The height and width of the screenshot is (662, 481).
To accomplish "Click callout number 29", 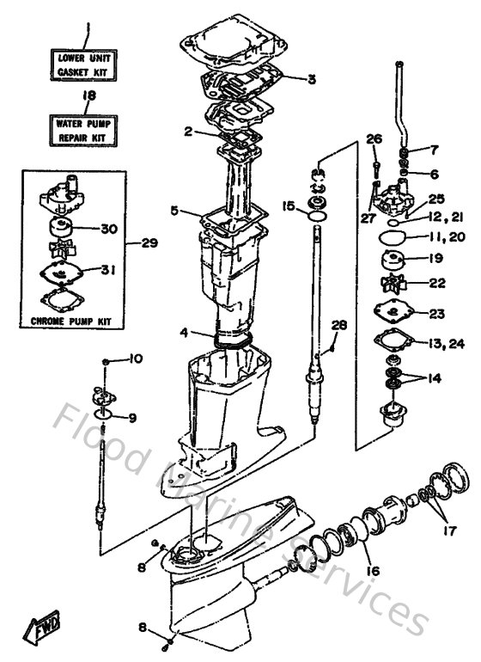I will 150,243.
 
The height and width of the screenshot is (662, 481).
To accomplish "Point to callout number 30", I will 108,229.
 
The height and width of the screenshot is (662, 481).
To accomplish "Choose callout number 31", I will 108,269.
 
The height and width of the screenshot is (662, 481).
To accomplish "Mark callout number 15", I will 288,205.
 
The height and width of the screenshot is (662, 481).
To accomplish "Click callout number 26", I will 373,139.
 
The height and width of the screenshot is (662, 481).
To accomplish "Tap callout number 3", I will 311,79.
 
